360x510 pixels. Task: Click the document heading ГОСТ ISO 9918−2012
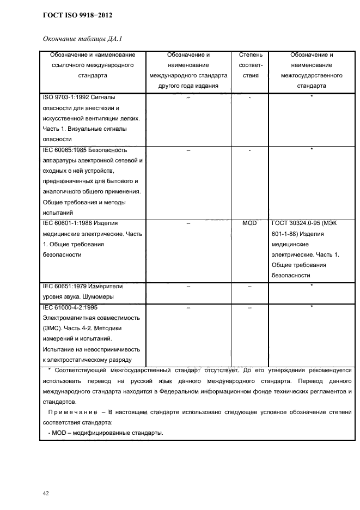[x=77, y=15]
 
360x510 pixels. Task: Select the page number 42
[x=46, y=493]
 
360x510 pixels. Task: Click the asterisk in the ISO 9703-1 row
[x=312, y=97]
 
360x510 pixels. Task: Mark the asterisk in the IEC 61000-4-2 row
[x=312, y=307]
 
